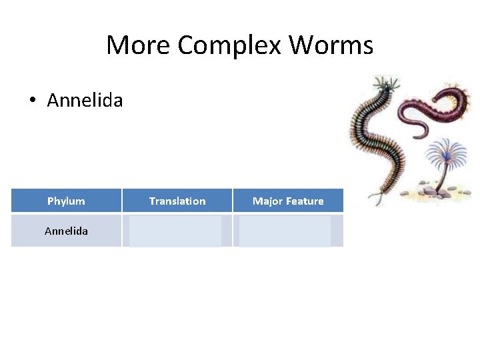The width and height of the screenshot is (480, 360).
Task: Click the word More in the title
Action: coord(139,45)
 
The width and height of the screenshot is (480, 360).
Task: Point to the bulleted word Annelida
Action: coord(85,101)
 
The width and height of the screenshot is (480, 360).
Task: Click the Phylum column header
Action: coord(66,201)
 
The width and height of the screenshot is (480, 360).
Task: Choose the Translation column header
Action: coord(177,201)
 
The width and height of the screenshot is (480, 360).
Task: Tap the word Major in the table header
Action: coord(268,201)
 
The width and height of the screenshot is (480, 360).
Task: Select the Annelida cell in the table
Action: coord(66,231)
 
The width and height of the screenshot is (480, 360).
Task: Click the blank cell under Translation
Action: coord(176,231)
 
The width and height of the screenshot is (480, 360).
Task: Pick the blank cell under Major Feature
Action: coord(285,231)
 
